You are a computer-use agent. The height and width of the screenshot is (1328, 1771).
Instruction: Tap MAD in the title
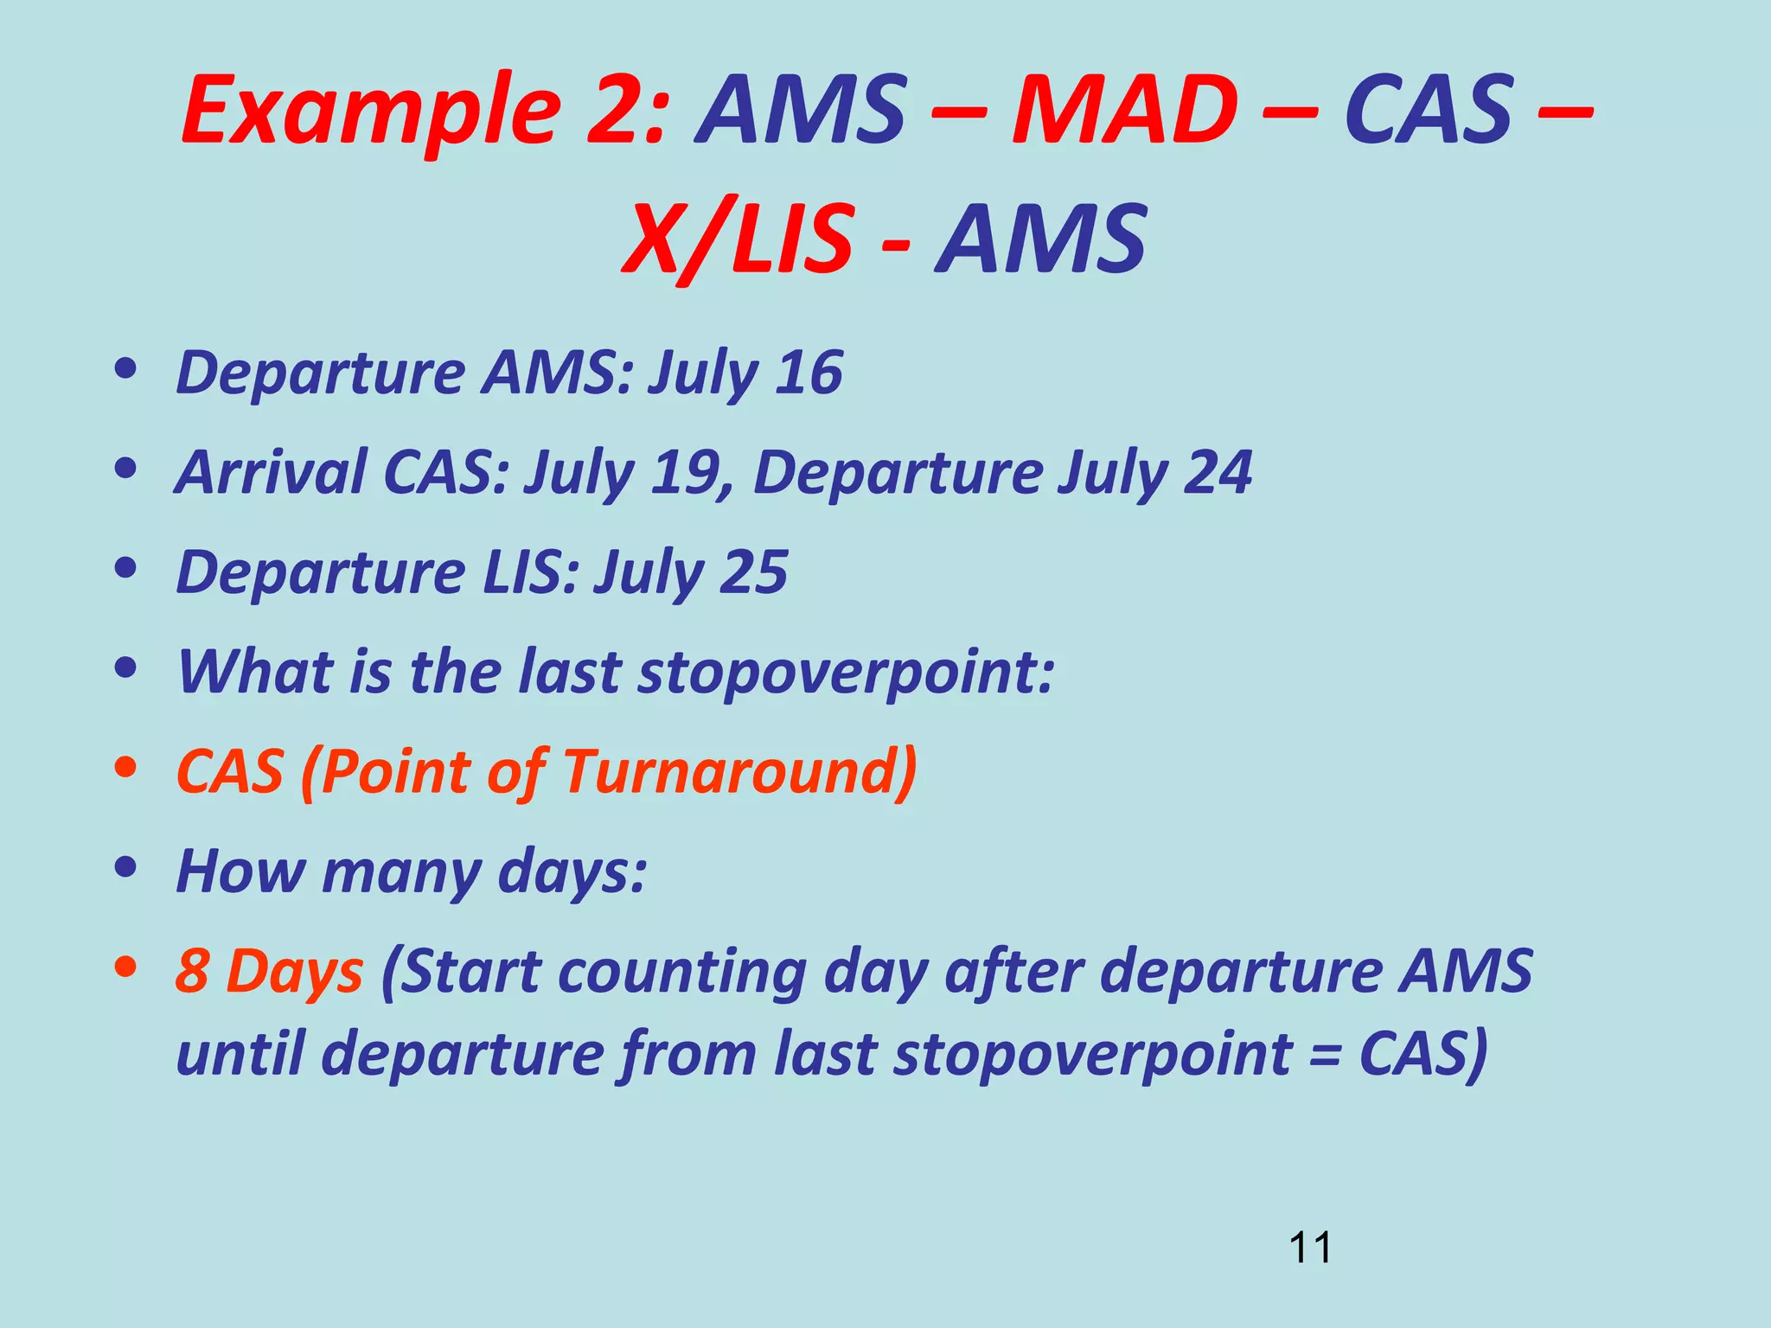[1124, 110]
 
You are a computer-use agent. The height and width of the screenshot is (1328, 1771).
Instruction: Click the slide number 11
[1309, 1248]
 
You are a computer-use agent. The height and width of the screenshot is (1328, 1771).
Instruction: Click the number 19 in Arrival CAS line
[687, 472]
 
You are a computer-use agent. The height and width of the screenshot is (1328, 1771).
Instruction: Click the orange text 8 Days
[269, 971]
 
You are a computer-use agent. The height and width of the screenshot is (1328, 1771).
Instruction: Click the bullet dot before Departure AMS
[126, 370]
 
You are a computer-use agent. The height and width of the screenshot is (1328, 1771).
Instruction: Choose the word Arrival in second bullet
[271, 472]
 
